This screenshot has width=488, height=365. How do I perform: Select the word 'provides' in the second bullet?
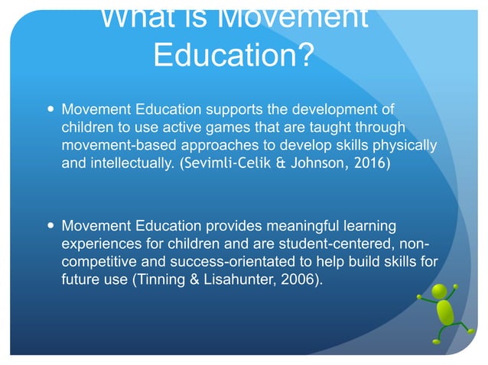pos(233,226)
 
